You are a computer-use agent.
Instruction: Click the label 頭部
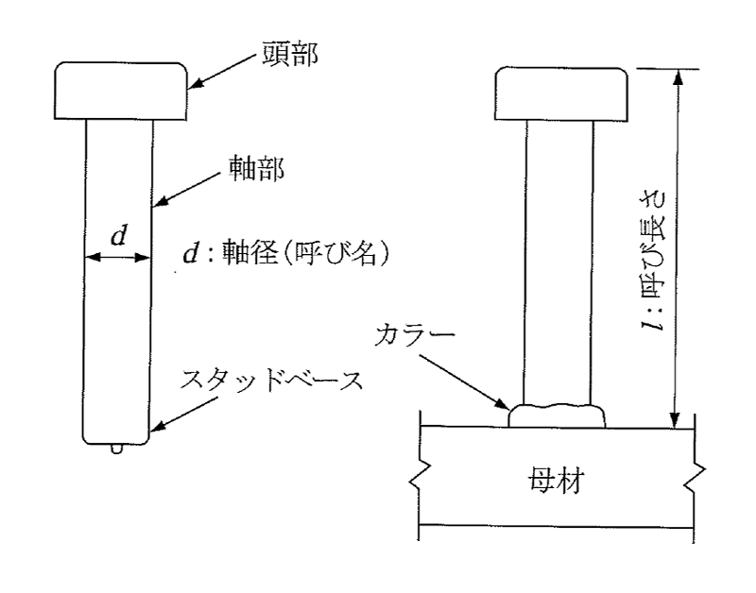pos(290,54)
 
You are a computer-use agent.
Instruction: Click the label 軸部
pos(256,169)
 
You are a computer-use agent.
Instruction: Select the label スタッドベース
pos(271,381)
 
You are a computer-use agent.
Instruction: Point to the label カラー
pos(415,335)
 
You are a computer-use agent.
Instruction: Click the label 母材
pos(557,480)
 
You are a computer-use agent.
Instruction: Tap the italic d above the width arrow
pos(119,235)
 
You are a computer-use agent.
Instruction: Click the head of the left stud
pos(121,91)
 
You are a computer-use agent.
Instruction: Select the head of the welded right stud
pos(561,93)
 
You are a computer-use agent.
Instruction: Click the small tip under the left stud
pos(116,449)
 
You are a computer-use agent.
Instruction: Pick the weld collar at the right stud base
pos(557,415)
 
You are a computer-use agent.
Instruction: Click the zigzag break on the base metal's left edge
pos(417,476)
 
